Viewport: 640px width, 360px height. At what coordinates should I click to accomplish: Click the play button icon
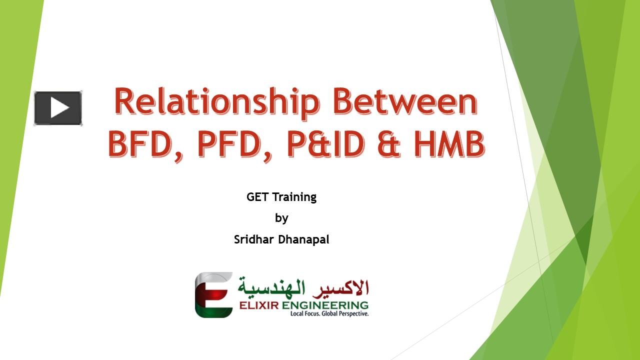click(x=58, y=108)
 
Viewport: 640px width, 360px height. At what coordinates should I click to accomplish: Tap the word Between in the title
click(x=405, y=101)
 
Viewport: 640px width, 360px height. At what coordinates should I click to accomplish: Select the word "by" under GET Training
click(x=281, y=218)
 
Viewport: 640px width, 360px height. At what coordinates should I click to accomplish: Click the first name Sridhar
click(x=254, y=239)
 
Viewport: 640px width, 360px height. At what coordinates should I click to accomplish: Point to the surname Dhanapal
click(x=303, y=239)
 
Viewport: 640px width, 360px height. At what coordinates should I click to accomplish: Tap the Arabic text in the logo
click(x=303, y=286)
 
